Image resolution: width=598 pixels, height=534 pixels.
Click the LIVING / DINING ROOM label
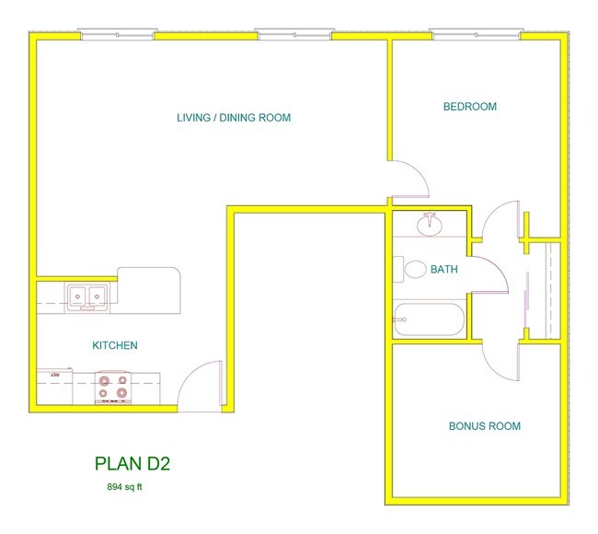(234, 118)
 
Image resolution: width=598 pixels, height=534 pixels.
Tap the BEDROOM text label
(469, 107)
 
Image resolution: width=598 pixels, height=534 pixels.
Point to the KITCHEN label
(115, 346)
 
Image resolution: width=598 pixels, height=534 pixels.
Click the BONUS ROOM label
(484, 426)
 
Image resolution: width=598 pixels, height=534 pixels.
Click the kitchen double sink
(88, 296)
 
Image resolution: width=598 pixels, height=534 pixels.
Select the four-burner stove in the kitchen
(114, 388)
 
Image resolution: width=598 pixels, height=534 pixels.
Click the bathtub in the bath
(429, 319)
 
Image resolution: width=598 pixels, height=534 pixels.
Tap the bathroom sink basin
(428, 225)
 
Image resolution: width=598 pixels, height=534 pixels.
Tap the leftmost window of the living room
(116, 35)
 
